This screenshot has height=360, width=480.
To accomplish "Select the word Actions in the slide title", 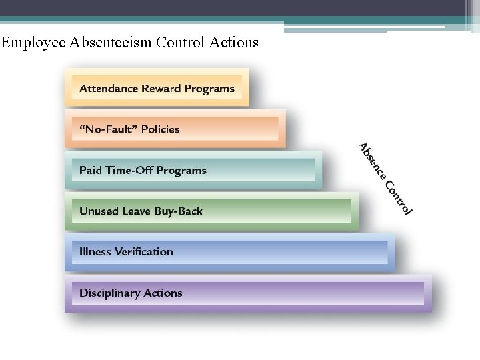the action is (x=233, y=43).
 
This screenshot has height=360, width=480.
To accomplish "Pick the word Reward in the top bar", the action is (x=161, y=88).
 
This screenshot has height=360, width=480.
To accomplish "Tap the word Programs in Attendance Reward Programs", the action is (x=209, y=89).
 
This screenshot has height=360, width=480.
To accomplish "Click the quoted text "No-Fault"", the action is (x=107, y=129).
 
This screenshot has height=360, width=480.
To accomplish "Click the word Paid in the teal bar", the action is (x=91, y=170).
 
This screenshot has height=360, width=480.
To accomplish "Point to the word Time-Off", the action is (x=130, y=170).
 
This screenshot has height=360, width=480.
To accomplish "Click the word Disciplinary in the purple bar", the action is (x=109, y=293).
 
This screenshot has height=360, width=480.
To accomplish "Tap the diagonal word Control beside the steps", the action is (x=399, y=199).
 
